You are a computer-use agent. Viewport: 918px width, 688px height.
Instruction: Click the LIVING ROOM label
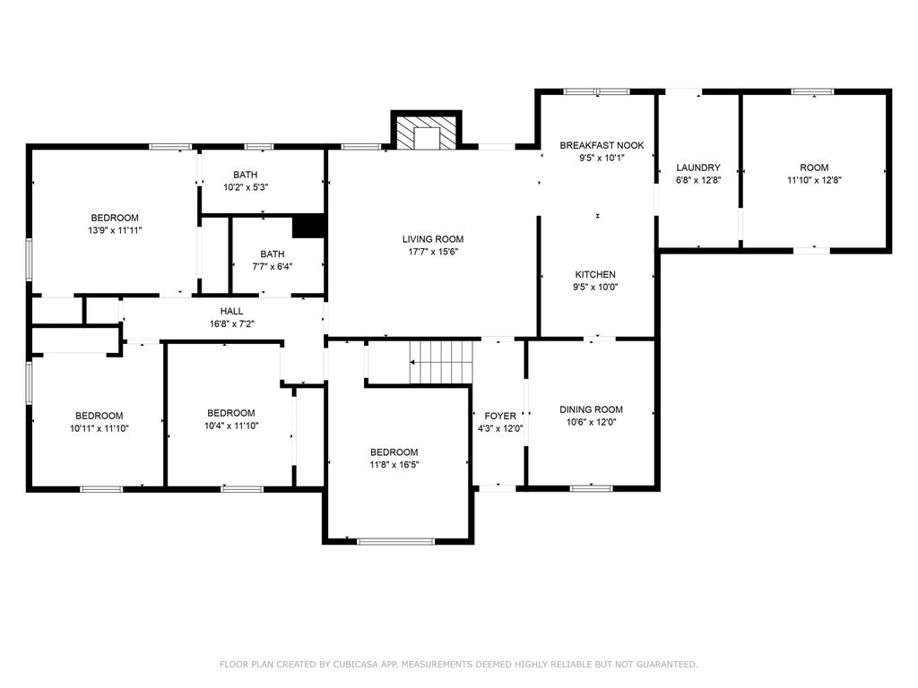(433, 239)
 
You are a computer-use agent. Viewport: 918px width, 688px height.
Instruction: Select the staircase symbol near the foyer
(441, 362)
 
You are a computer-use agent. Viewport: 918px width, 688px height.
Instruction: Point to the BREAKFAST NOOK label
(602, 145)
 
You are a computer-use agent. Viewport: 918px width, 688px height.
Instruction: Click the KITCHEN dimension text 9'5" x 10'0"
(595, 288)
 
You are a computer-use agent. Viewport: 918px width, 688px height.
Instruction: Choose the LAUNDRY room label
(697, 168)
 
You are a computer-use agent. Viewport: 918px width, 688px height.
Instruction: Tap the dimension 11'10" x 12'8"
(814, 180)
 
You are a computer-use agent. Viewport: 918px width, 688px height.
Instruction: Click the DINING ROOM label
(591, 409)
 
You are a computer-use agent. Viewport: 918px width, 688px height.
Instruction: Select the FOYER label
(500, 416)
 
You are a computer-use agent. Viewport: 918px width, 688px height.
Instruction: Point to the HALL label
(231, 311)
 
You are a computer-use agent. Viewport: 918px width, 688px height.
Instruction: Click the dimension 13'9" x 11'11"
(115, 230)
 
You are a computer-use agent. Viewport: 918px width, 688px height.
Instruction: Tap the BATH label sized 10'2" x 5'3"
(246, 175)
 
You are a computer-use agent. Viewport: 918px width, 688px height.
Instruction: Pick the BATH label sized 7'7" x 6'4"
(273, 254)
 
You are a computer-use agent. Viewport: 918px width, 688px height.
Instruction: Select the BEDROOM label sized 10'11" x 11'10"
(99, 416)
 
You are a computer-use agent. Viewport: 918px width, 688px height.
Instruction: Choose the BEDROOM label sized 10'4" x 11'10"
(230, 413)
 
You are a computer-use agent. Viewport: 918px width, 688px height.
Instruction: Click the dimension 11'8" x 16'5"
(394, 465)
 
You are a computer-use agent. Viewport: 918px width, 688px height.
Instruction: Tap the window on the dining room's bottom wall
(592, 488)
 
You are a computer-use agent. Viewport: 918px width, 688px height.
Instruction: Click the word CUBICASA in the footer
(355, 664)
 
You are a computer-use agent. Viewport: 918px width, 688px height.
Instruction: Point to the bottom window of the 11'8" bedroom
(395, 541)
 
